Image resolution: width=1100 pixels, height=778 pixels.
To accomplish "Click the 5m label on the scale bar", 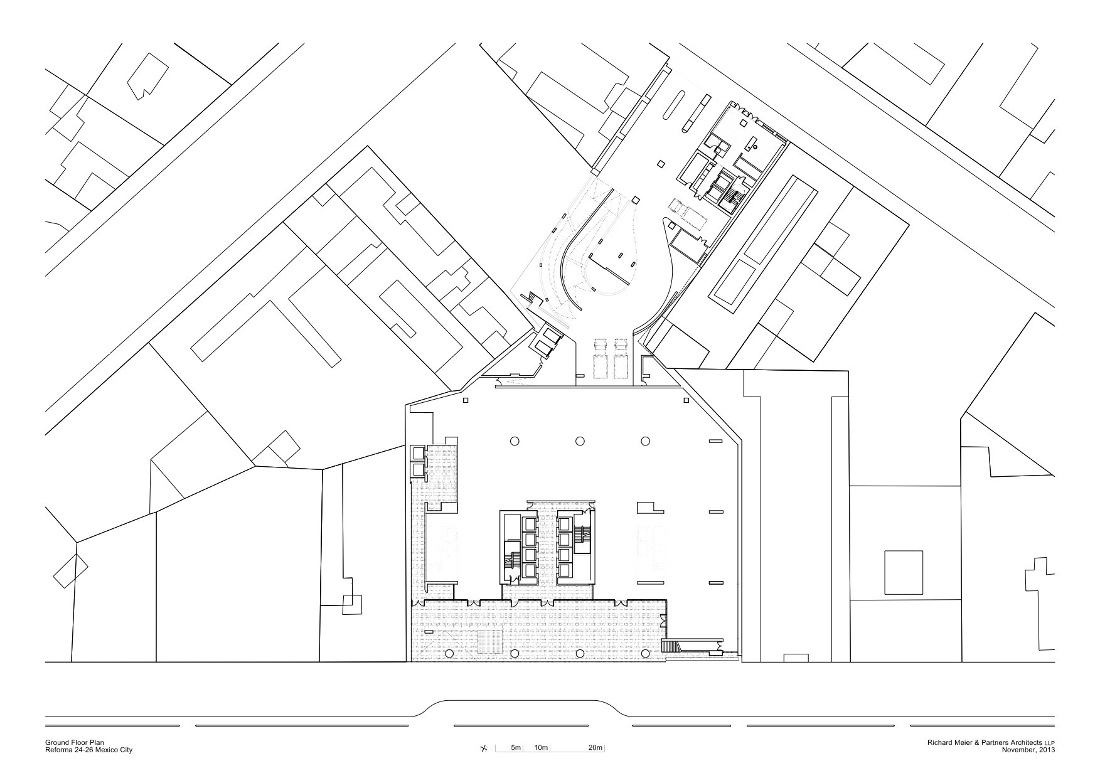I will [516, 748].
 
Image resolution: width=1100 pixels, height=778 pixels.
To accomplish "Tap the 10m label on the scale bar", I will [542, 748].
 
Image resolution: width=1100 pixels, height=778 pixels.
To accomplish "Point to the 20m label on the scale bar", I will [595, 748].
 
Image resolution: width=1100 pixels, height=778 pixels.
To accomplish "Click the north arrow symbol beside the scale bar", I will [483, 749].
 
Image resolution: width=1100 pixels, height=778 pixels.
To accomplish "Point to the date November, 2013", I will [1028, 750].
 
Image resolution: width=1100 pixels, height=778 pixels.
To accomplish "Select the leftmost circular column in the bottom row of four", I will [449, 654].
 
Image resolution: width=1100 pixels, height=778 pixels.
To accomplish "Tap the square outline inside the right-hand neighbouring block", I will [904, 572].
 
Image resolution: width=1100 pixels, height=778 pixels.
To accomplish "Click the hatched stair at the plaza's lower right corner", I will [674, 646].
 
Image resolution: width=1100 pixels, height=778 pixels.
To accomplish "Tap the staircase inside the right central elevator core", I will [584, 536].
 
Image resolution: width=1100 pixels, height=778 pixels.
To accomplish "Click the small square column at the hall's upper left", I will [466, 400].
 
